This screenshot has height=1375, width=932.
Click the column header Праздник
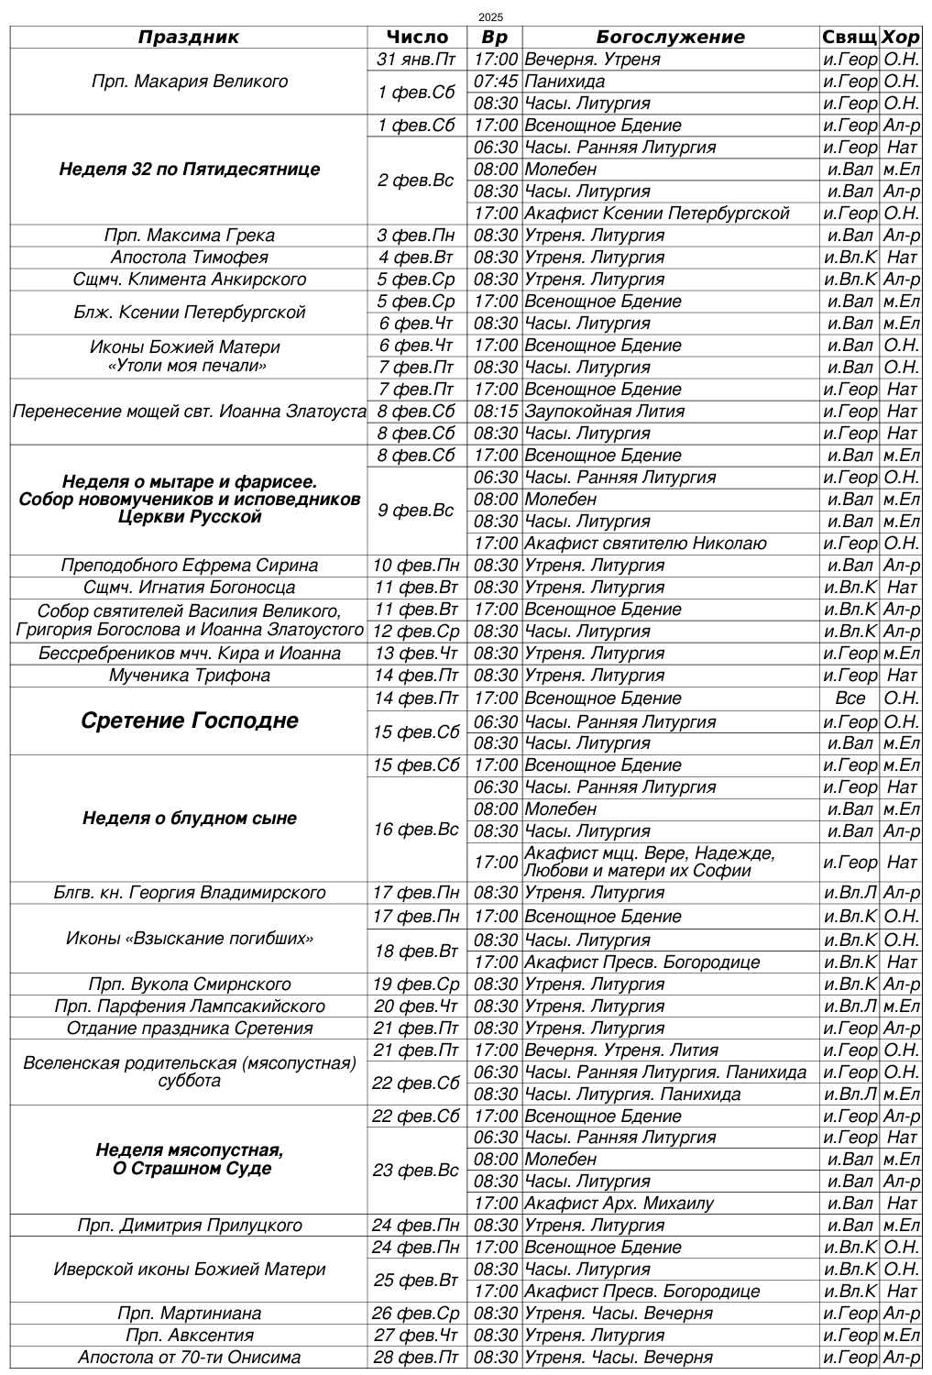pos(188,38)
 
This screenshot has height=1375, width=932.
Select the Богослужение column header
pos(670,38)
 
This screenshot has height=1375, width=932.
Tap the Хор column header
pos(900,38)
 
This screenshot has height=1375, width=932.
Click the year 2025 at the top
pos(491,17)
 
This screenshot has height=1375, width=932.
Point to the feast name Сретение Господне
pos(190,720)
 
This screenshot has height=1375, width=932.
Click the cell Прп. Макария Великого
pos(190,82)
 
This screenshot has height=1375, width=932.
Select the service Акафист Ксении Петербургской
pos(657,214)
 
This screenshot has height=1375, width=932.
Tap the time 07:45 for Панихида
pos(496,82)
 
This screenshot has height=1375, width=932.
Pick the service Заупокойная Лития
pos(605,412)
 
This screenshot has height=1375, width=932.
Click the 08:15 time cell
pos(496,412)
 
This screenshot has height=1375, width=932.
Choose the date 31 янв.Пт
pos(417,60)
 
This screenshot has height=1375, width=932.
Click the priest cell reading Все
pos(850,698)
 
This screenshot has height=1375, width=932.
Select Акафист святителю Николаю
pos(645,544)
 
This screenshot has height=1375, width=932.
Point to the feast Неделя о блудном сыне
pos(190,819)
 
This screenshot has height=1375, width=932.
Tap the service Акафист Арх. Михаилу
pos(619,1204)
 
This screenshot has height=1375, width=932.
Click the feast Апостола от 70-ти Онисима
pos(190,1358)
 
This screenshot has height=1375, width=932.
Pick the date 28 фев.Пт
pos(417,1358)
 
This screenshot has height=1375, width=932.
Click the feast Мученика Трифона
pos(190,676)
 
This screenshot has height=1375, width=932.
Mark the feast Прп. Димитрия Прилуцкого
pos(190,1226)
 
